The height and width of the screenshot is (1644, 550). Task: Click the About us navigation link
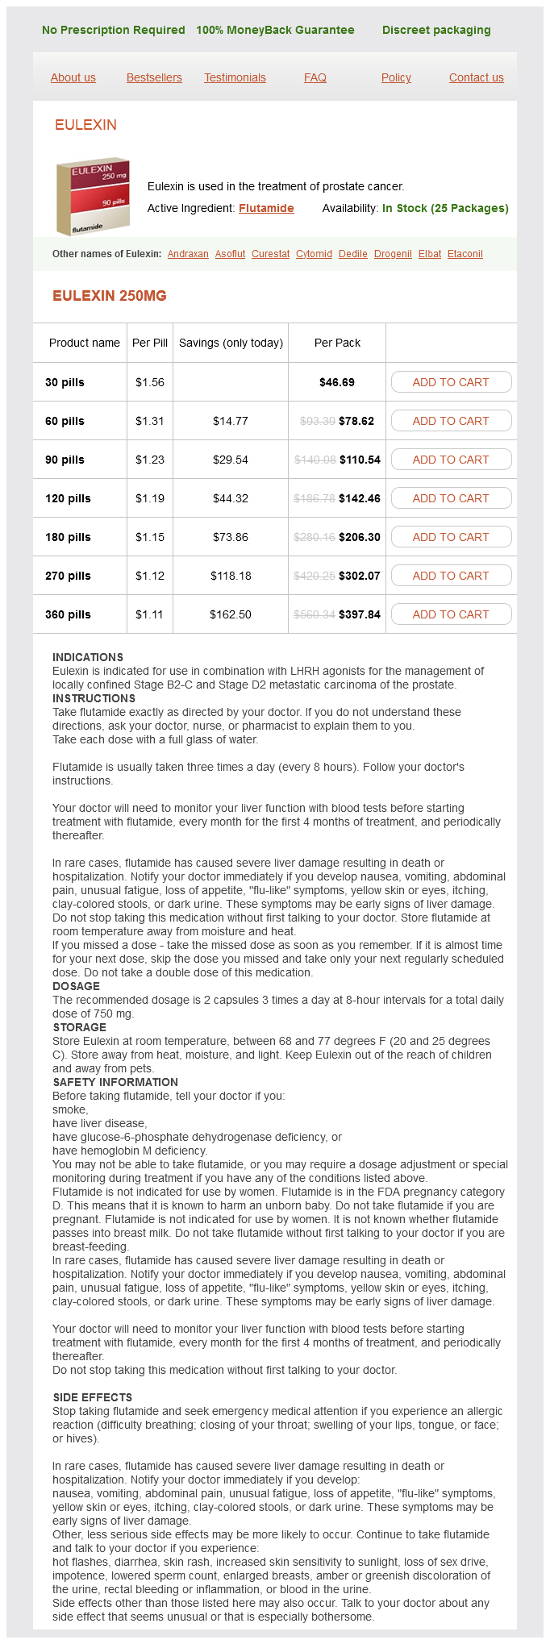(73, 77)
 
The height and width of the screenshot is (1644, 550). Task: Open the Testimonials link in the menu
(235, 77)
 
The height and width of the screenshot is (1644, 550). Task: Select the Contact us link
(476, 77)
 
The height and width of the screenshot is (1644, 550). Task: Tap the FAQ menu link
(315, 77)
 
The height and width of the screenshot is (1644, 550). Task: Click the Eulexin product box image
(93, 196)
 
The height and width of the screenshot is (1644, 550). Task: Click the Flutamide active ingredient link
(266, 208)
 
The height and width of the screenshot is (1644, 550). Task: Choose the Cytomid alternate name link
(314, 254)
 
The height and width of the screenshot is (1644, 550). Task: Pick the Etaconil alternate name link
(465, 254)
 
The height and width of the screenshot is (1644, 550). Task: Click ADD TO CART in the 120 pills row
(451, 498)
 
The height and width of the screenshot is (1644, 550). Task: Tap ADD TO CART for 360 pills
(451, 614)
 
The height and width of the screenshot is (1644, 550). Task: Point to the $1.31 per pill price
(150, 421)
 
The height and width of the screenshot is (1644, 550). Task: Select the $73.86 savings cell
(231, 537)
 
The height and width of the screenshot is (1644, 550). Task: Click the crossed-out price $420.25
(315, 576)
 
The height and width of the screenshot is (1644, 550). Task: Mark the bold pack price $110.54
(360, 460)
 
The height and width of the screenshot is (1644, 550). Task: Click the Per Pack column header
(337, 343)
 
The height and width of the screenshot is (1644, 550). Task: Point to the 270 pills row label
(68, 576)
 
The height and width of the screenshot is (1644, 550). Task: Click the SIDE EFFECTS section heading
(93, 1397)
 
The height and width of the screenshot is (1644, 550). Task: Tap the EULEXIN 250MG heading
(110, 296)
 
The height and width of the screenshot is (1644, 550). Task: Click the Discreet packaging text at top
(436, 30)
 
